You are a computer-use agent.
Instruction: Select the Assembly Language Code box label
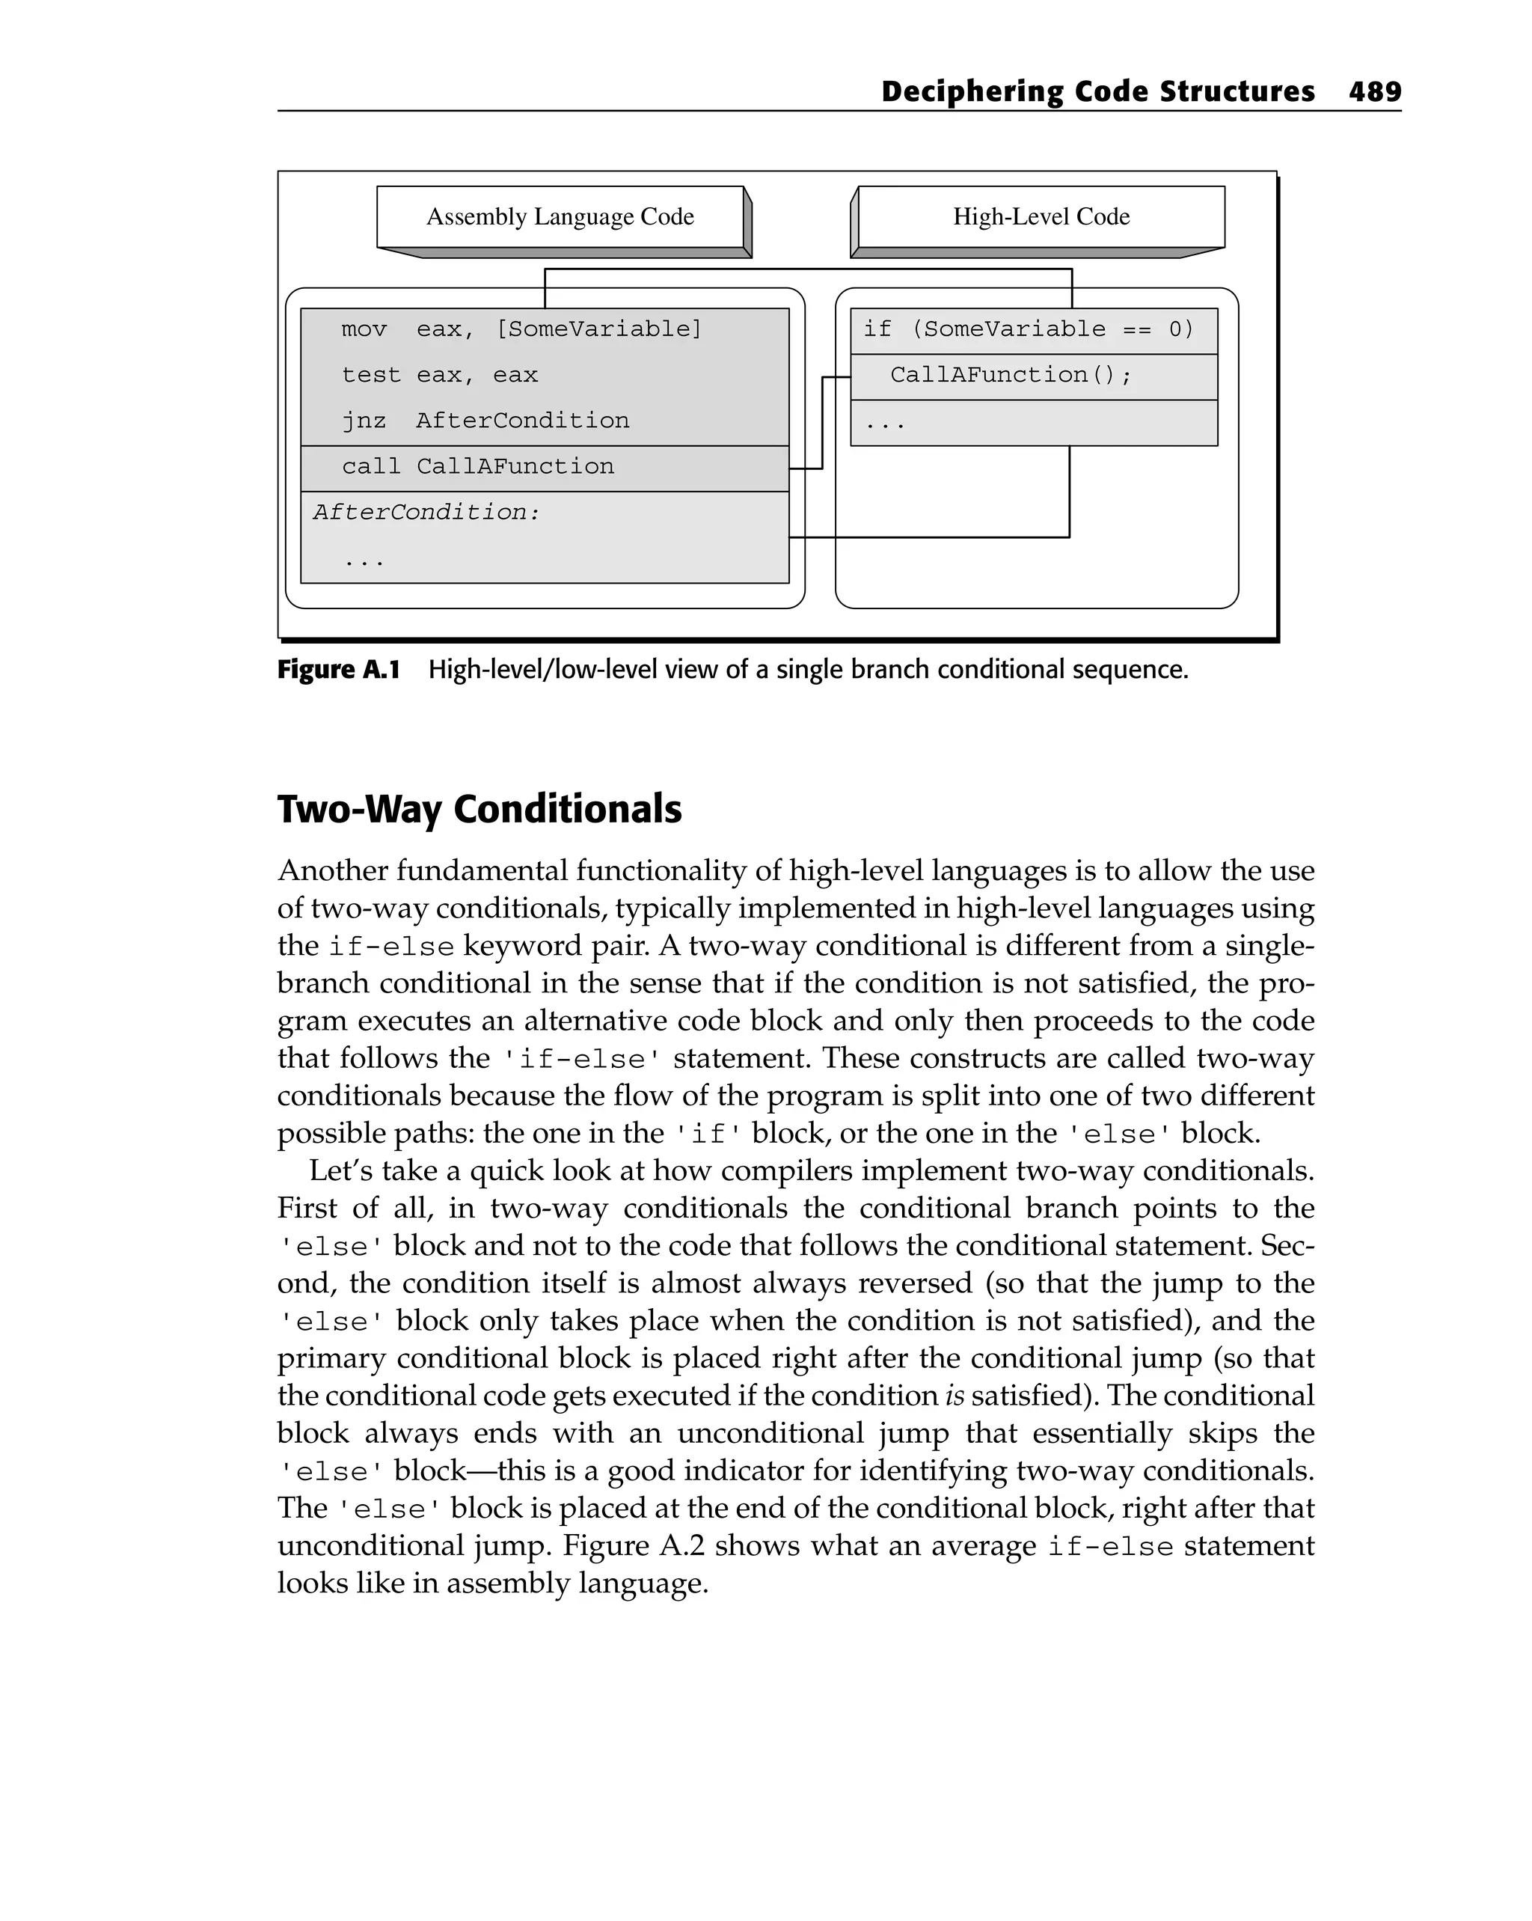click(x=560, y=216)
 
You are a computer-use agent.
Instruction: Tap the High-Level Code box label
click(x=1041, y=216)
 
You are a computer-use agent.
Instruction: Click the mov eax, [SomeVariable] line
click(x=521, y=330)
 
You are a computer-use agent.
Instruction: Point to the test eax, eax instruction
click(x=439, y=375)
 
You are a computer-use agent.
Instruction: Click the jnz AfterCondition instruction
click(x=485, y=421)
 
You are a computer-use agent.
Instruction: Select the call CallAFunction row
click(x=477, y=467)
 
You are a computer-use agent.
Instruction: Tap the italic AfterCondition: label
click(x=426, y=513)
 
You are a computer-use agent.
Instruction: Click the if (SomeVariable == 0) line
click(x=1027, y=330)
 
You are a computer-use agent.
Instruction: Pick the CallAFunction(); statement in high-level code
click(x=1010, y=375)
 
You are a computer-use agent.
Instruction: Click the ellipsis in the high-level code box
click(x=884, y=424)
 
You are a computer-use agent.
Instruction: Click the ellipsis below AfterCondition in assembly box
click(x=364, y=562)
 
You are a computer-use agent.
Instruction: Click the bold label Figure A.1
click(x=338, y=670)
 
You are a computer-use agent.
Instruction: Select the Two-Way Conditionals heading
click(x=479, y=809)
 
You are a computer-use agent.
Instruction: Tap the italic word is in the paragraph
click(x=954, y=1396)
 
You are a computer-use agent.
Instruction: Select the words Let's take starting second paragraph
click(x=382, y=1170)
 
